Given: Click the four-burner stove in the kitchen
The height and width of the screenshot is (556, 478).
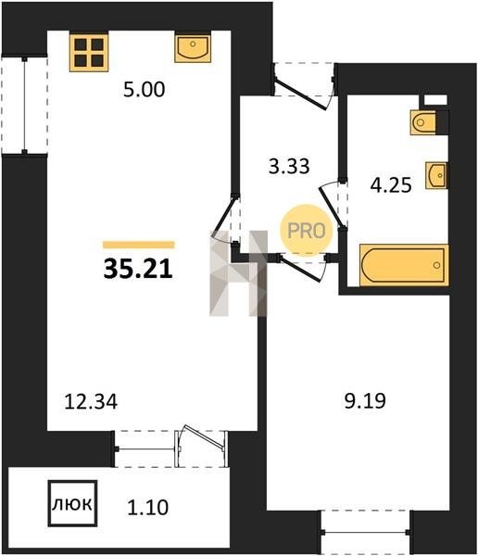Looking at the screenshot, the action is click(89, 53).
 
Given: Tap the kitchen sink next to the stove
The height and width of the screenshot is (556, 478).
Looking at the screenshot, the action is click(193, 48).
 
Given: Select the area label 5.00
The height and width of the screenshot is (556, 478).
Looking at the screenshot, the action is click(145, 89).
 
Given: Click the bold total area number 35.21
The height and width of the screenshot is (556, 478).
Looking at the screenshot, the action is click(138, 269).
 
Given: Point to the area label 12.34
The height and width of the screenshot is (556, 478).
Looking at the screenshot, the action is click(91, 402).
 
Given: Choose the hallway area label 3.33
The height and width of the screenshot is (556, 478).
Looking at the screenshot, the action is click(289, 166).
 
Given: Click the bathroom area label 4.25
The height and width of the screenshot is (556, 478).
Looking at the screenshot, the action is click(391, 184).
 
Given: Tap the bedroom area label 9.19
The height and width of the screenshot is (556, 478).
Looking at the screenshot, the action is click(365, 401).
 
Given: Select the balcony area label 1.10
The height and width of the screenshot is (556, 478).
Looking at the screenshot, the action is click(147, 507).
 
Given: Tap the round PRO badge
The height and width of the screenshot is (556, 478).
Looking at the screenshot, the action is click(307, 231).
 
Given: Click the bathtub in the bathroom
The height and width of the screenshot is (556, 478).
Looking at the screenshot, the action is click(404, 265).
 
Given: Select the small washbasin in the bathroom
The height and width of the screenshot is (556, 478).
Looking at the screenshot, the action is click(436, 175).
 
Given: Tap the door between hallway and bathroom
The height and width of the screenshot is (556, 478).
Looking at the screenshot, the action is click(332, 206).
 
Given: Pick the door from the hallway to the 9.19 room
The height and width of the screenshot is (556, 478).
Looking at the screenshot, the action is click(299, 269).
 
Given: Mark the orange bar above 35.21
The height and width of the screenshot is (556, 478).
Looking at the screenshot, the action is click(139, 245).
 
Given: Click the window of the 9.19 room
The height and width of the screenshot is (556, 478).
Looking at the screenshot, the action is click(366, 532).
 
